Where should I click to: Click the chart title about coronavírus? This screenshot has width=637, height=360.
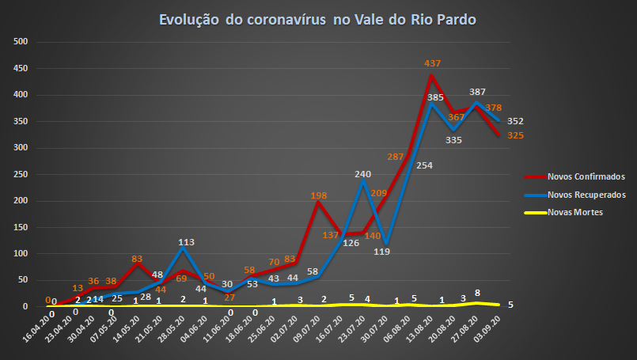[x=318, y=19]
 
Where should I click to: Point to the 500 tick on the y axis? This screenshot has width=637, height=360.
[x=21, y=42]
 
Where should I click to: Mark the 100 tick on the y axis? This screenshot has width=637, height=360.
[x=21, y=253]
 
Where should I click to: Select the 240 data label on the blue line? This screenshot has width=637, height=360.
[x=362, y=174]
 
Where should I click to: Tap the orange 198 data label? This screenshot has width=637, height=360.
[x=319, y=195]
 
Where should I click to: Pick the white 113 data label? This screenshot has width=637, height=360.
[x=187, y=242]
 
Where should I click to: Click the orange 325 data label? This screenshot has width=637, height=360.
[x=515, y=135]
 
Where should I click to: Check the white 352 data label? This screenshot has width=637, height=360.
[x=515, y=121]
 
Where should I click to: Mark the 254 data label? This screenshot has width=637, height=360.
[x=424, y=165]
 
